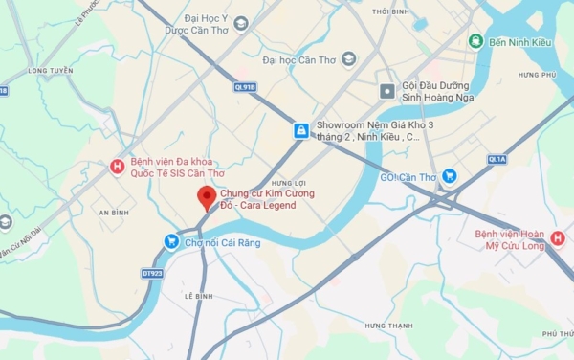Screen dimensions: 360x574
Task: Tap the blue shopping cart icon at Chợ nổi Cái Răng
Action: coord(171,241)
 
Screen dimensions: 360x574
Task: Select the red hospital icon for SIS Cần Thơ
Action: coord(118,167)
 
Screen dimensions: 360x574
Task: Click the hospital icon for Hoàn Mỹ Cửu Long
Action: coord(557,238)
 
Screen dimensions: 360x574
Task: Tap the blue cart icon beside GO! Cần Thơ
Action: coord(450,176)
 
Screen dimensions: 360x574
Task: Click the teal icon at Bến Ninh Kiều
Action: coord(475,40)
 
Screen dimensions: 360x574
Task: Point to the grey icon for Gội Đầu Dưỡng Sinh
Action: coord(386,91)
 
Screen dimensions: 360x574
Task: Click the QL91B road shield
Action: coord(245,86)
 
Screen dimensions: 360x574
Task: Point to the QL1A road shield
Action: coord(497,159)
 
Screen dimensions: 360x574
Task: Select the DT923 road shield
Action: coord(151,273)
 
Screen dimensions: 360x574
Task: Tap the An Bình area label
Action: coord(113,212)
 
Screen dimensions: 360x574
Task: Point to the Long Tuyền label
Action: coord(51,71)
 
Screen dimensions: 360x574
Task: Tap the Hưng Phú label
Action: coord(537,75)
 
